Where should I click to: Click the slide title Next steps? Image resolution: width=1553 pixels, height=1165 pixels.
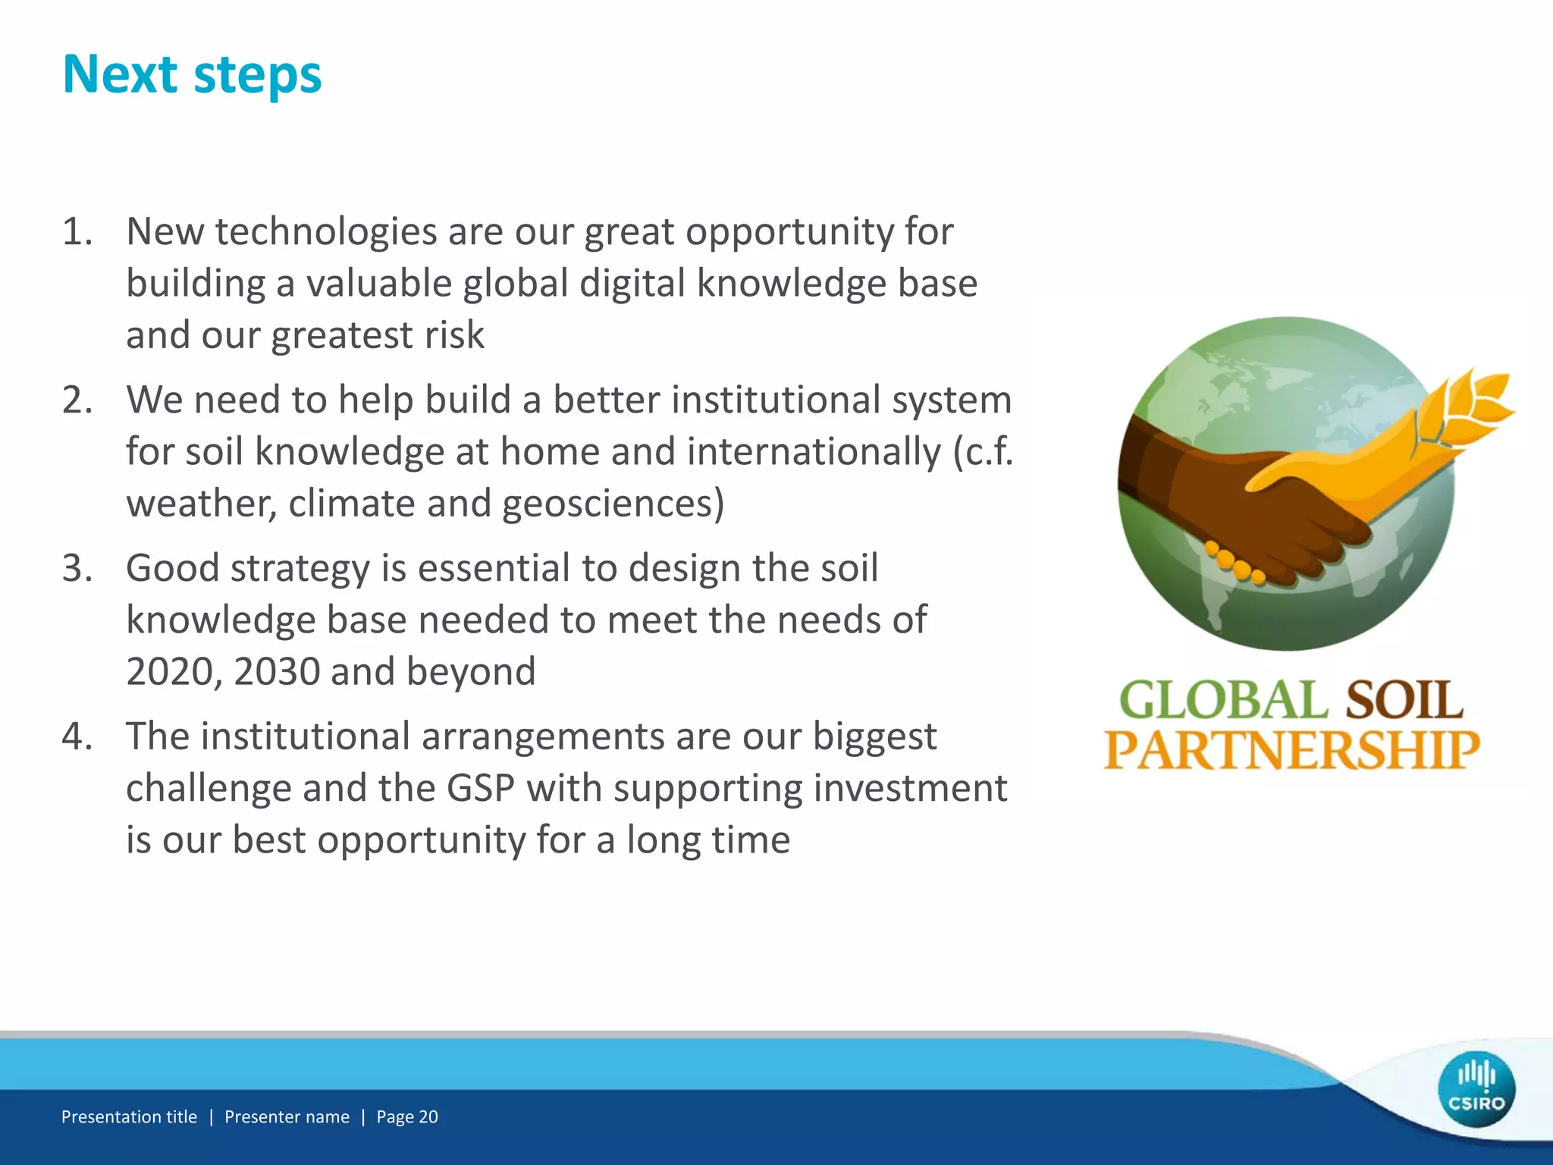click(192, 75)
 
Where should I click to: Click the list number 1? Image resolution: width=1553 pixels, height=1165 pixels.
click(77, 231)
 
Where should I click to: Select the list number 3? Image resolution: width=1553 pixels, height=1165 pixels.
click(77, 568)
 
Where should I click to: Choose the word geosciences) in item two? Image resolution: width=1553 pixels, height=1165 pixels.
click(613, 504)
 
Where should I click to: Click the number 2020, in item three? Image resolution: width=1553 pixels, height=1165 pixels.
click(174, 672)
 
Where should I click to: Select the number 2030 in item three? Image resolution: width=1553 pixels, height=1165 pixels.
click(277, 672)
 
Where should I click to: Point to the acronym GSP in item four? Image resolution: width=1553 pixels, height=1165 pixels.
click(481, 788)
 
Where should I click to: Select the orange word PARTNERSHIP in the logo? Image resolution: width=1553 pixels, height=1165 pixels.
click(1291, 750)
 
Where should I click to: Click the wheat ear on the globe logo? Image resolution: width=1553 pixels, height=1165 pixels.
click(1464, 410)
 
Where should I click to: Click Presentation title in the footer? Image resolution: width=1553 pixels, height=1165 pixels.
click(129, 1116)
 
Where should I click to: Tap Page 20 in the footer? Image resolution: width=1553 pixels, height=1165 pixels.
click(407, 1116)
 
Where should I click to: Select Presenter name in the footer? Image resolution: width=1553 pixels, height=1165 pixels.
click(287, 1116)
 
